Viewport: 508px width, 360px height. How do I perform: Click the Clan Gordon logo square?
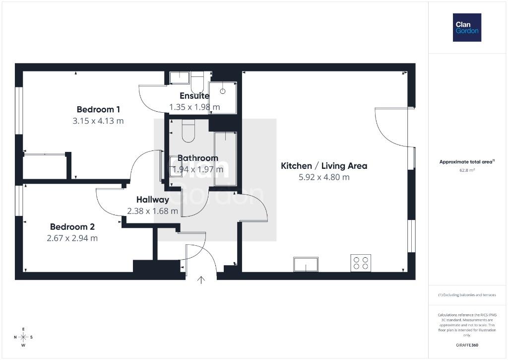click(x=467, y=28)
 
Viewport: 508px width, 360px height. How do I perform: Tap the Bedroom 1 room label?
click(x=98, y=109)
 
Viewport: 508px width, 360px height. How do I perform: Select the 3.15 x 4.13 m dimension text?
click(x=98, y=121)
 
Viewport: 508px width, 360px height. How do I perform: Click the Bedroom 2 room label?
click(x=72, y=227)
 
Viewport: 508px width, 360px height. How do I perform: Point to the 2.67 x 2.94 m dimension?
click(x=72, y=238)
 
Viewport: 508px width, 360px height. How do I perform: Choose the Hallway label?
click(x=153, y=200)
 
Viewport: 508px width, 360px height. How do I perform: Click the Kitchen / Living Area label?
click(x=324, y=166)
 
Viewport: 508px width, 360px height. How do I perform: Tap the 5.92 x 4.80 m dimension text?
click(x=324, y=177)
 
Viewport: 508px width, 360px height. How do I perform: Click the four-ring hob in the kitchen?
click(x=361, y=263)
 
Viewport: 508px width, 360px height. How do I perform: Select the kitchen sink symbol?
click(x=306, y=264)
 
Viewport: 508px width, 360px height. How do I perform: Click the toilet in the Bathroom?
click(x=188, y=131)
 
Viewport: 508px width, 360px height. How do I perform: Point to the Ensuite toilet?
click(x=197, y=82)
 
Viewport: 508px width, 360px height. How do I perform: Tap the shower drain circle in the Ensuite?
click(x=223, y=91)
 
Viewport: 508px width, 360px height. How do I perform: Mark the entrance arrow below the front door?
click(x=201, y=280)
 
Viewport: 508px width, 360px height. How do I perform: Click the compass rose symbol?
click(x=23, y=337)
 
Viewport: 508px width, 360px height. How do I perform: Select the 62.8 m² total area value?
click(x=467, y=170)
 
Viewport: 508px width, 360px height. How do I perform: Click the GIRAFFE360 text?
click(x=467, y=345)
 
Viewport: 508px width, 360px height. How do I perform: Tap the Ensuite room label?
click(x=194, y=96)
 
